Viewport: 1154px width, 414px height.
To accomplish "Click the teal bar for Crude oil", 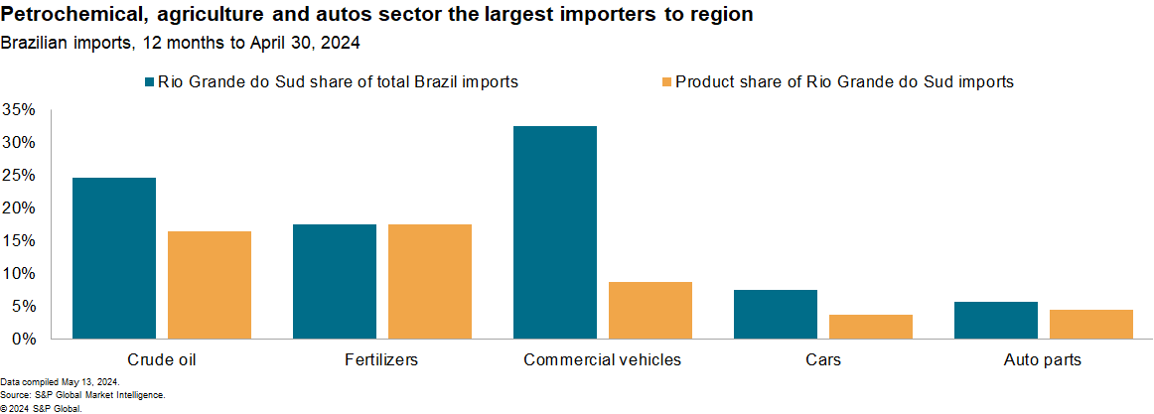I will click(x=114, y=258).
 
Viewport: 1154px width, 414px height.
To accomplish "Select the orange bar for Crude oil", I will click(x=210, y=285).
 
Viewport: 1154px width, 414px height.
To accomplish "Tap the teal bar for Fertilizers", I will click(x=335, y=281).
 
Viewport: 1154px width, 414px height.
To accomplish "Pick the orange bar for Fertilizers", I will click(x=430, y=281).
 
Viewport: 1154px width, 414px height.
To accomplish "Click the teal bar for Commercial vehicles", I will click(x=555, y=232).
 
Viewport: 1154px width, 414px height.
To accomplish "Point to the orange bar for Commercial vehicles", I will click(x=650, y=310).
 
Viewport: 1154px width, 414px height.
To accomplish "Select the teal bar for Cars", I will click(x=776, y=314).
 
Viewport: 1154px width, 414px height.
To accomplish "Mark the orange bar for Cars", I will click(x=871, y=327).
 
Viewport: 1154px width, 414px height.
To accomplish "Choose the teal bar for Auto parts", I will click(x=996, y=320).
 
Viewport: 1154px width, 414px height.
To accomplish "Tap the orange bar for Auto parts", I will click(x=1091, y=324).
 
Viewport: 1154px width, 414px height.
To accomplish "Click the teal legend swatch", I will click(x=150, y=82).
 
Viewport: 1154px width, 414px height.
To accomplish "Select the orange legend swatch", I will click(x=666, y=82).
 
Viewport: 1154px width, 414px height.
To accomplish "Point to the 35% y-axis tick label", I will click(x=19, y=109).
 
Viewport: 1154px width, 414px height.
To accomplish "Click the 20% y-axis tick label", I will click(x=19, y=207).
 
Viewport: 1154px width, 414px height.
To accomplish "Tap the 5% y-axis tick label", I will click(x=23, y=306).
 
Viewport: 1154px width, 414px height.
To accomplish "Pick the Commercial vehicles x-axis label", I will click(x=602, y=359).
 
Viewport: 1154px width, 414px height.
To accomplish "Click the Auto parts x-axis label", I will click(x=1043, y=359).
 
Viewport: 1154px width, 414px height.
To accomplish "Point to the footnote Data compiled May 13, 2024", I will click(x=60, y=382).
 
